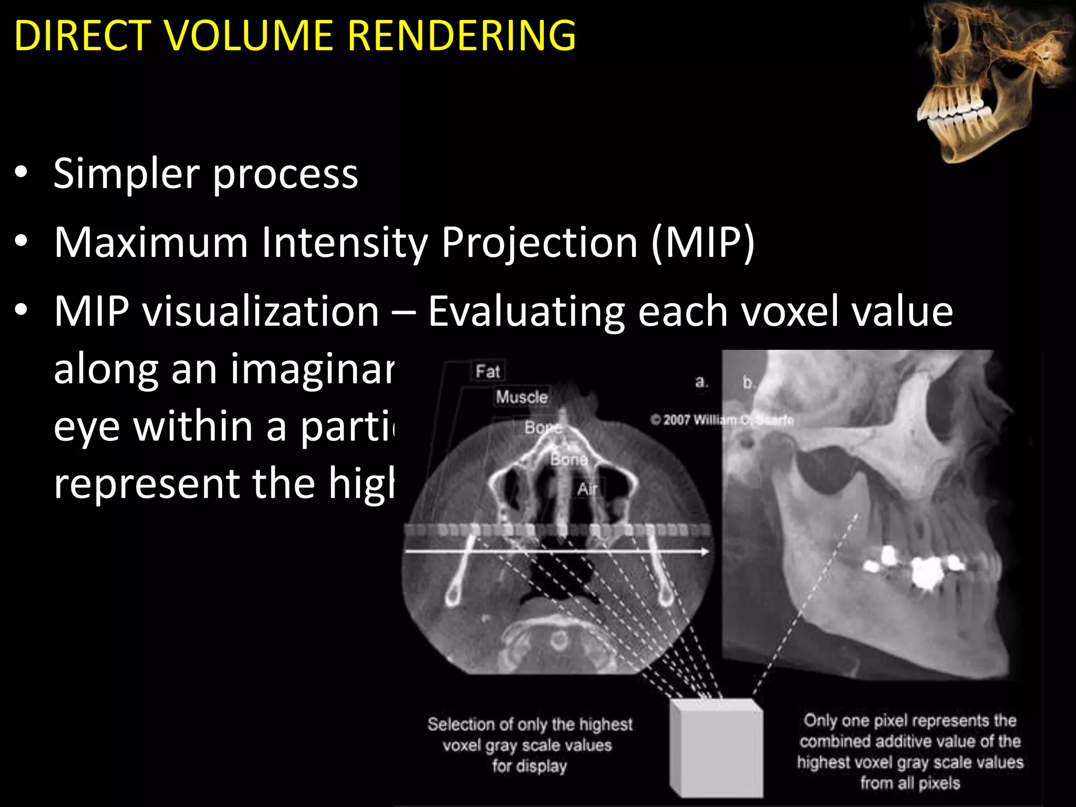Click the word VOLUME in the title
pos(247,36)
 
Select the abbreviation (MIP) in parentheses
pos(702,243)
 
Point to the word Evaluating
pos(526,312)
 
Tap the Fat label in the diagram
pos(488,371)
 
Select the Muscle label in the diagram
pos(521,397)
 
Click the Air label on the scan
pos(587,489)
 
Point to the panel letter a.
pos(701,382)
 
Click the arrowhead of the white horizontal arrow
pos(704,551)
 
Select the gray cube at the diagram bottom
pos(716,748)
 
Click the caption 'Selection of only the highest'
pos(530,725)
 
